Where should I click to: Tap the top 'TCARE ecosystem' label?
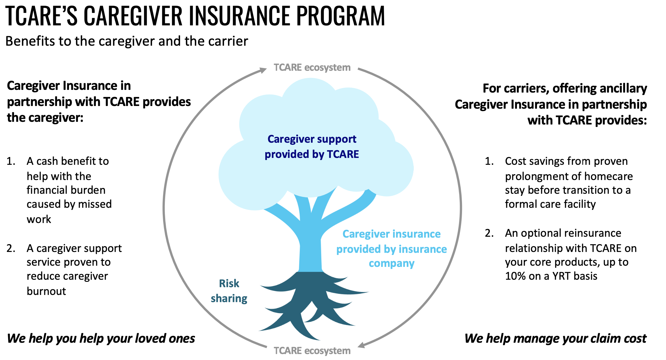pos(312,67)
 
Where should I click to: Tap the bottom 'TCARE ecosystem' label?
pos(312,350)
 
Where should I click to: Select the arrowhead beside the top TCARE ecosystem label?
pos(263,70)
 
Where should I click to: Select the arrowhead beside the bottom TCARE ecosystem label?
pos(361,345)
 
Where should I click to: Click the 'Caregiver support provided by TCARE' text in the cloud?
pos(312,147)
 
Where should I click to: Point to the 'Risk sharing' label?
pos(229,291)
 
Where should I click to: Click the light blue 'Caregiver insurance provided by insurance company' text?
pos(391,249)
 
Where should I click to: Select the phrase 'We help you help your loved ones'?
pos(101,339)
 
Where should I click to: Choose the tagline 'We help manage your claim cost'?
pos(555,339)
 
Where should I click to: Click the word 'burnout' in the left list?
pos(46,291)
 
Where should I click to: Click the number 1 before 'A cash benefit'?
pos(11,161)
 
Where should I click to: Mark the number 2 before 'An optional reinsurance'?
pos(489,233)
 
